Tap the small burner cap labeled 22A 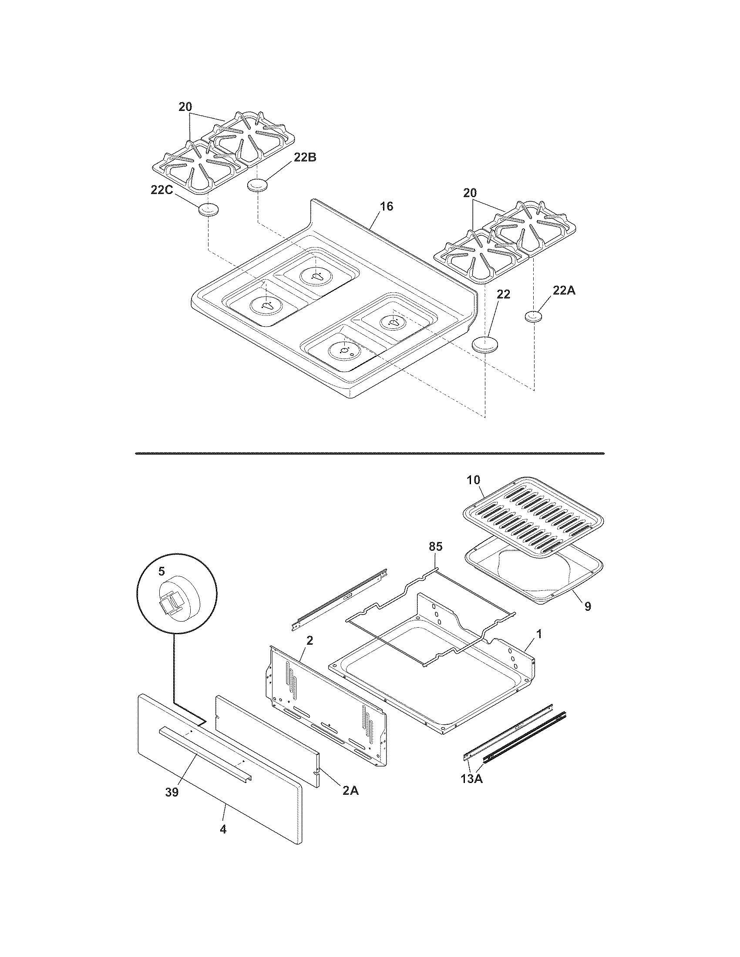[x=533, y=316]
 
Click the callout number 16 [x=386, y=206]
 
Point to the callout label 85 [x=435, y=546]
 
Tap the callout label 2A [x=350, y=790]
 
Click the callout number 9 [x=588, y=606]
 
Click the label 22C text [x=162, y=190]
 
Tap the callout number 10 [x=474, y=480]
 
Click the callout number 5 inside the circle [x=161, y=571]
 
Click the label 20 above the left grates [x=185, y=107]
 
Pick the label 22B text [x=305, y=158]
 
